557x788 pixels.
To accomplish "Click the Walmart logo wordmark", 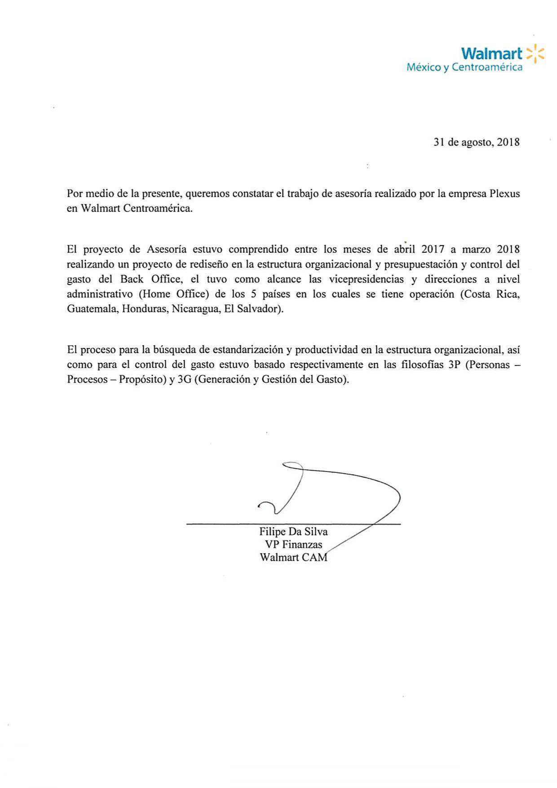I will [x=491, y=53].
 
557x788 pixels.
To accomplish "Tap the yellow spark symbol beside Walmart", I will [x=535, y=53].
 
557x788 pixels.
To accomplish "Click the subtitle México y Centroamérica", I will [x=464, y=67].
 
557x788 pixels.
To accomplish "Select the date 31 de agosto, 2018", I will [x=477, y=142].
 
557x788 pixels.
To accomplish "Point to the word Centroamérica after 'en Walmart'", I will [x=158, y=209].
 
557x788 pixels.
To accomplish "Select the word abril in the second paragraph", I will [x=405, y=249].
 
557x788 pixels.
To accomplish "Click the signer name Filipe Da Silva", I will [x=293, y=532].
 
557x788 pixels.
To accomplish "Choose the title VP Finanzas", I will [x=293, y=545].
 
